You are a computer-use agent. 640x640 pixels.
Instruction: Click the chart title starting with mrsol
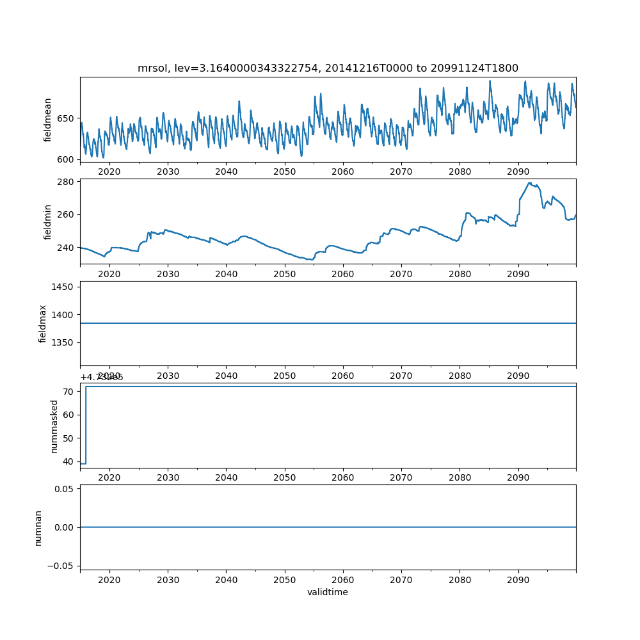click(328, 68)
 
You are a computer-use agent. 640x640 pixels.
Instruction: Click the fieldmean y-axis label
click(47, 120)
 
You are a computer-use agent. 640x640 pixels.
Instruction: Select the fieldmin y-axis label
click(47, 221)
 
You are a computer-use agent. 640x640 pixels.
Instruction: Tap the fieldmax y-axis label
click(43, 323)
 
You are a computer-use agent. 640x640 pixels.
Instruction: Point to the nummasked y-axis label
click(54, 426)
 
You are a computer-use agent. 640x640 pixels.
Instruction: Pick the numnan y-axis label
click(38, 527)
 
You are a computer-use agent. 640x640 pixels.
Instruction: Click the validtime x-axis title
click(328, 593)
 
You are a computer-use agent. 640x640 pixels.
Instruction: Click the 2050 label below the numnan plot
click(285, 580)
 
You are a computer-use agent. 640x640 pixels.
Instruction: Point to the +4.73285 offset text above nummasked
click(102, 378)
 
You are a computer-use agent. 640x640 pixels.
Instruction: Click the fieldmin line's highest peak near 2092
click(529, 183)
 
